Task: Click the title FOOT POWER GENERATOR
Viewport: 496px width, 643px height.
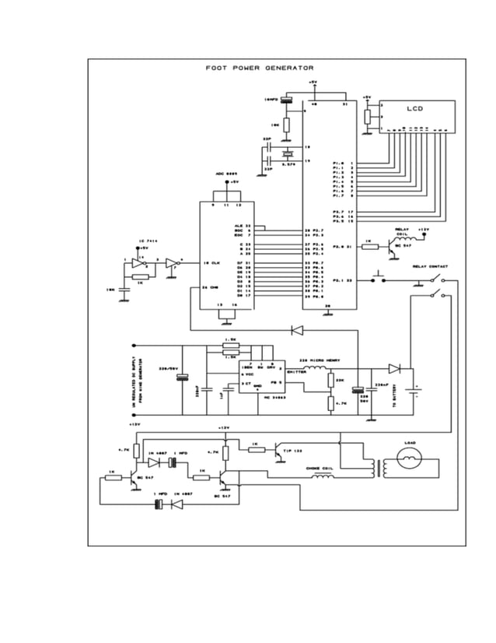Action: [x=259, y=68]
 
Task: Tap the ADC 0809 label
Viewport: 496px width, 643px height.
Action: [x=226, y=174]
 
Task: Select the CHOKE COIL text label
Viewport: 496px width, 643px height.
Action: [x=319, y=469]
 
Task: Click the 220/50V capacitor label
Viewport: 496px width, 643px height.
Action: [x=169, y=368]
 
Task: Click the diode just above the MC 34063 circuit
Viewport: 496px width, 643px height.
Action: [x=296, y=330]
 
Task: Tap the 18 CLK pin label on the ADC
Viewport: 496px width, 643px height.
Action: [x=211, y=263]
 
